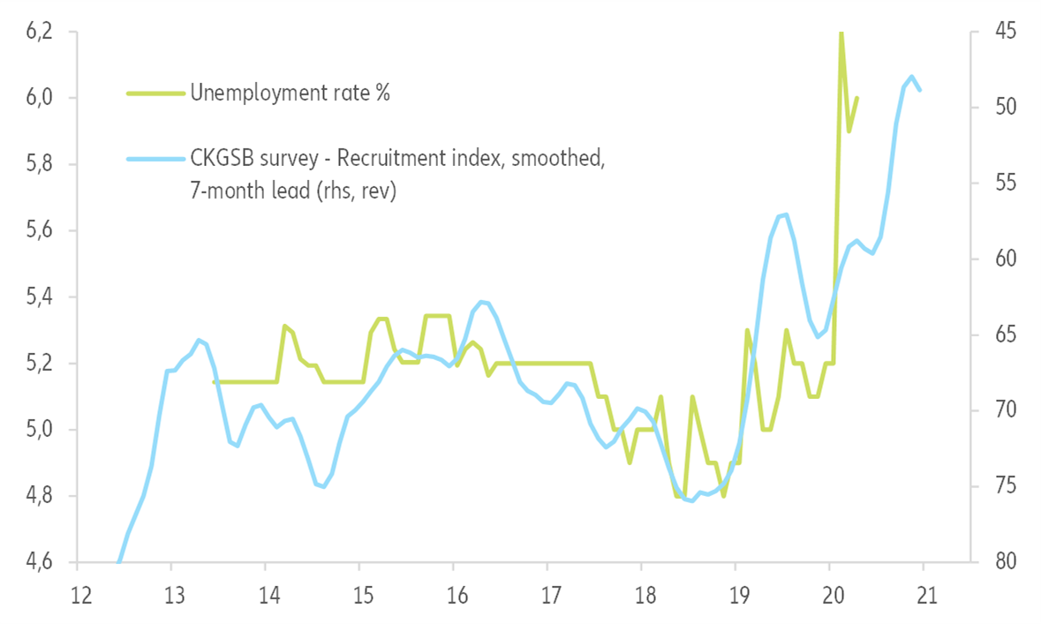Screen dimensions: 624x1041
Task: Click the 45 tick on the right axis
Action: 1003,32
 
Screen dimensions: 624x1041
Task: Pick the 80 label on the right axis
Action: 1003,562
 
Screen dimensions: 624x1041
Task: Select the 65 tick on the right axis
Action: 1003,335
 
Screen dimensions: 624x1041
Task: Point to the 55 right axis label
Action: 1003,184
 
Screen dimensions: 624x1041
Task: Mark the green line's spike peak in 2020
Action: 841,33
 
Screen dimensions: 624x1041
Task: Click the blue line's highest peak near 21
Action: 911,77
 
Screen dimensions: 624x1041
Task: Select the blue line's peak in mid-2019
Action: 785,214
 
